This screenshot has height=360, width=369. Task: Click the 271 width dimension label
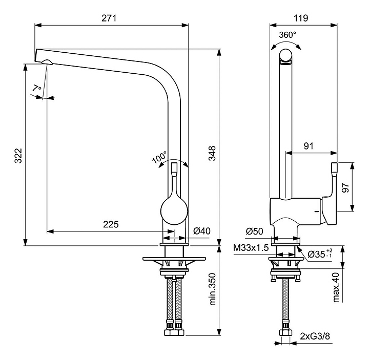pyautogui.click(x=109, y=18)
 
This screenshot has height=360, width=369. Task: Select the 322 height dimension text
pyautogui.click(x=18, y=156)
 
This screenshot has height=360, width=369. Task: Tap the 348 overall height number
pyautogui.click(x=212, y=153)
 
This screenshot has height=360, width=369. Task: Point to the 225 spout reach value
pyautogui.click(x=111, y=224)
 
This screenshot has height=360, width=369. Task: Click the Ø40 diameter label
pyautogui.click(x=202, y=231)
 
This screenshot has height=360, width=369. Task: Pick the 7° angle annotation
pyautogui.click(x=37, y=89)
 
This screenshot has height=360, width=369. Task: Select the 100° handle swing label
pyautogui.click(x=159, y=157)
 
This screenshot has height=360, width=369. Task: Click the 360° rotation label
pyautogui.click(x=288, y=35)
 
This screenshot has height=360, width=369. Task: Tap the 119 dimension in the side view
pyautogui.click(x=301, y=18)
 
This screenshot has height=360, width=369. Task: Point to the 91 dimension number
pyautogui.click(x=309, y=146)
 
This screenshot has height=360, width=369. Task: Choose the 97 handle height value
pyautogui.click(x=345, y=187)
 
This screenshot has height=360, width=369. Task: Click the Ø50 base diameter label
pyautogui.click(x=254, y=231)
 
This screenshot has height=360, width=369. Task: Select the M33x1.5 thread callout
pyautogui.click(x=251, y=247)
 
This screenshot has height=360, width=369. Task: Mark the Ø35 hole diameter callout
pyautogui.click(x=320, y=254)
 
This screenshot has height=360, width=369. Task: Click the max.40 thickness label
pyautogui.click(x=336, y=287)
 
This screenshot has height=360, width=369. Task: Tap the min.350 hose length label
pyautogui.click(x=212, y=289)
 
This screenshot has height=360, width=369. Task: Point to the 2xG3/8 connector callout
pyautogui.click(x=315, y=336)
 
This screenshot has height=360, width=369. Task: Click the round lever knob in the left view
pyautogui.click(x=174, y=210)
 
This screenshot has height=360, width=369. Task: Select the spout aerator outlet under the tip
pyautogui.click(x=47, y=62)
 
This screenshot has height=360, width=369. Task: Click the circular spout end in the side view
pyautogui.click(x=285, y=55)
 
